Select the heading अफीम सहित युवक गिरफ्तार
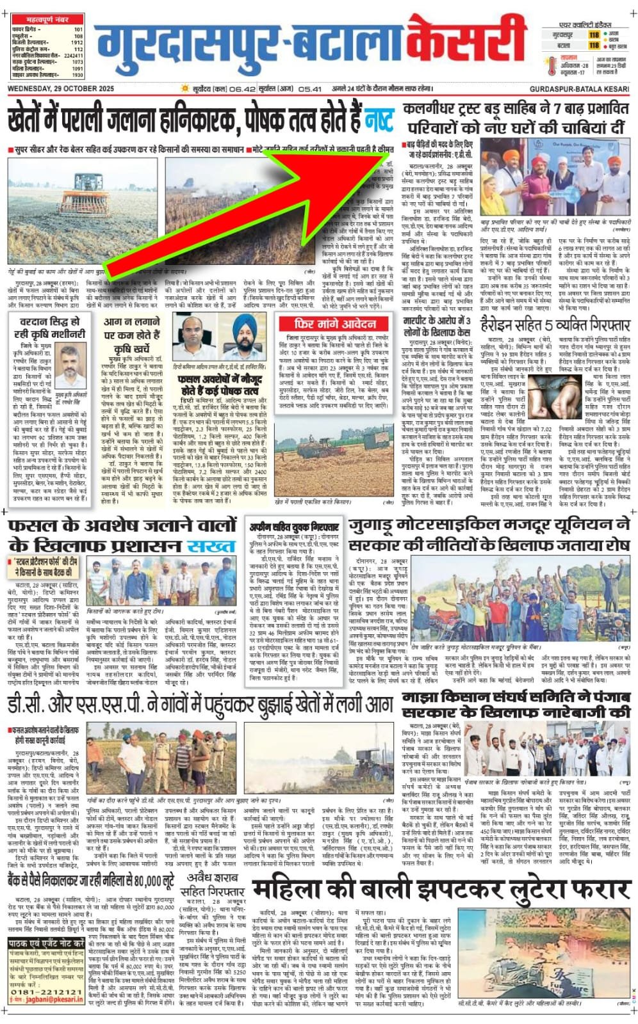pos(295,527)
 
